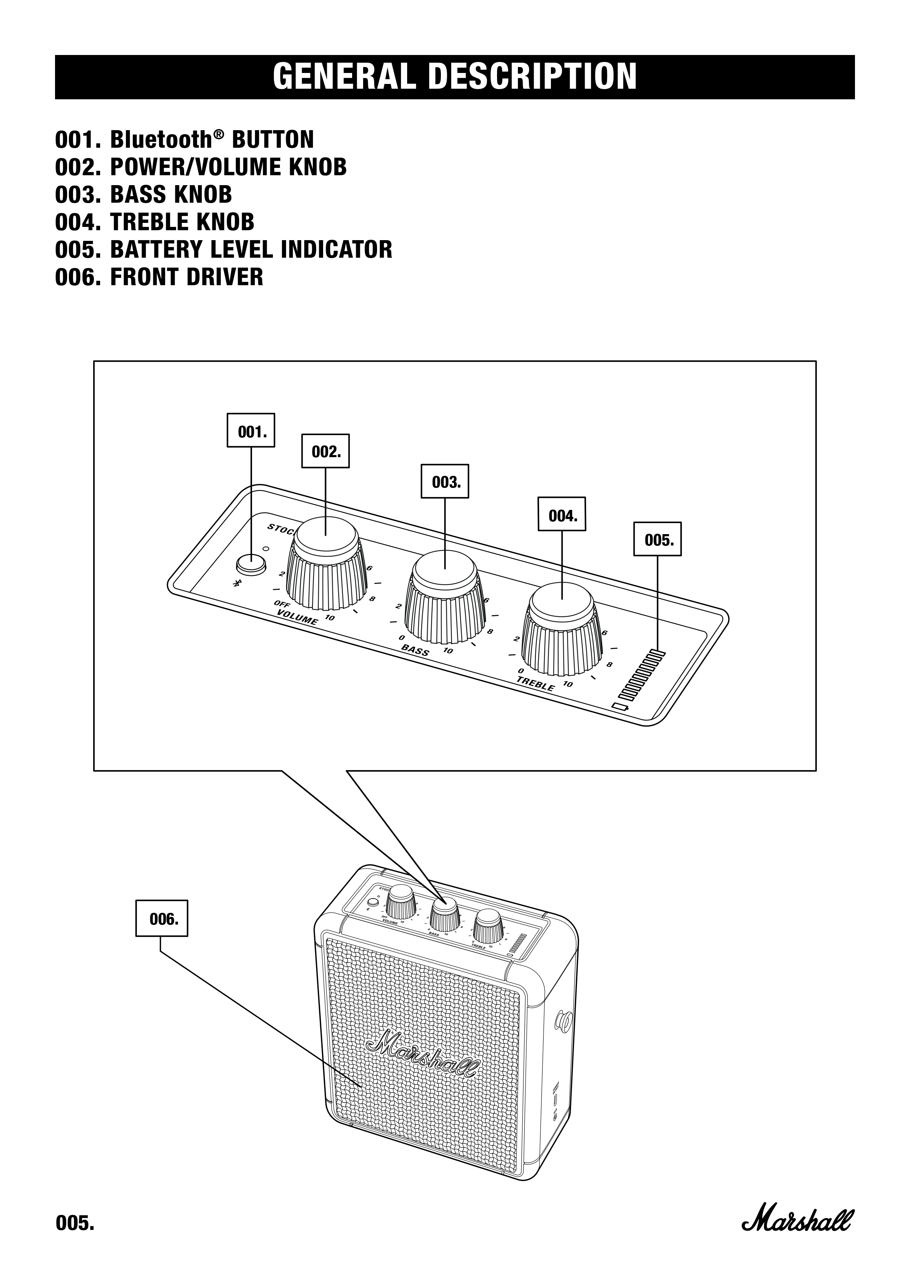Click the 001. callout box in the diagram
(x=251, y=430)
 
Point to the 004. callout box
(x=562, y=514)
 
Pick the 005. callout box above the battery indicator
(x=657, y=539)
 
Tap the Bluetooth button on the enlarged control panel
(x=250, y=564)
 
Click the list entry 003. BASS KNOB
(x=143, y=194)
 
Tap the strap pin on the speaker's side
(x=564, y=1021)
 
